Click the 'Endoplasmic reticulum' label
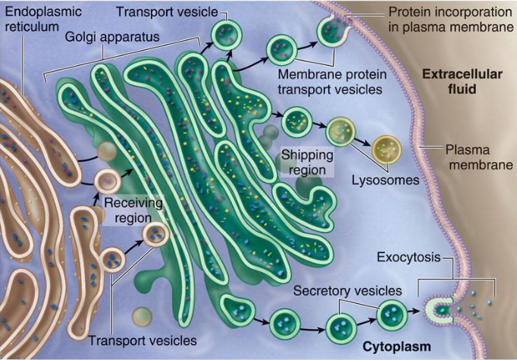click(x=43, y=19)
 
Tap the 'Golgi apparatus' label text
click(x=112, y=36)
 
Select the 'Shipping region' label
click(x=307, y=162)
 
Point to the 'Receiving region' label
click(x=133, y=210)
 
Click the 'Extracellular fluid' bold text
click(x=462, y=81)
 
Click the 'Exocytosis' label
click(x=409, y=257)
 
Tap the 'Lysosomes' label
click(x=385, y=180)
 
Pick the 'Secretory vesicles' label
click(x=347, y=291)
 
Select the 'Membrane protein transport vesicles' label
click(x=332, y=81)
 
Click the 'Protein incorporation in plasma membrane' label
click(x=450, y=19)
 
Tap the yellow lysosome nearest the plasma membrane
click(x=387, y=149)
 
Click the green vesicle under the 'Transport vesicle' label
click(x=227, y=35)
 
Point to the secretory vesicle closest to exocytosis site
click(x=392, y=315)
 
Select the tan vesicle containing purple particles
click(x=108, y=181)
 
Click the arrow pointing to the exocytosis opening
click(x=415, y=311)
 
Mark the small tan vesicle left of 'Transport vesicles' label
click(x=142, y=317)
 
